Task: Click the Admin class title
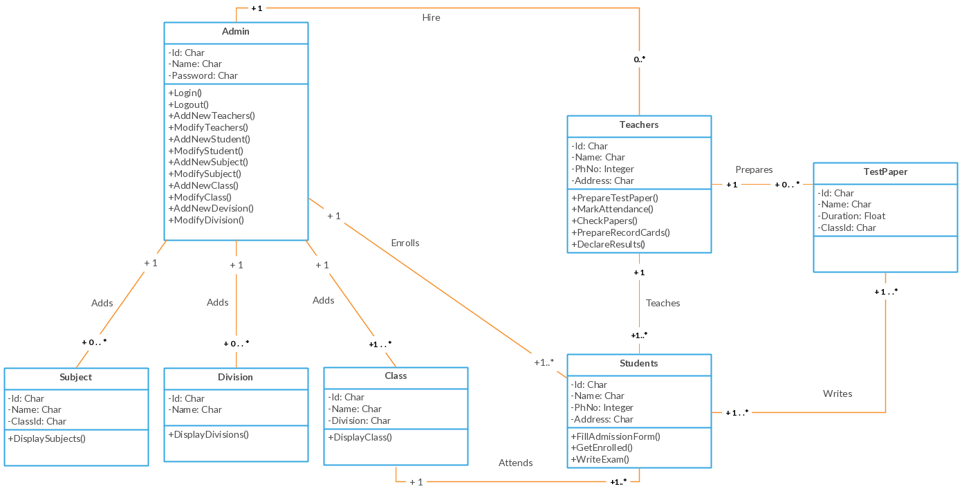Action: click(236, 32)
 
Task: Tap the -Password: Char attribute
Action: click(203, 75)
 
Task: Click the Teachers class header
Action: click(639, 125)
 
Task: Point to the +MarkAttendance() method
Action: click(612, 210)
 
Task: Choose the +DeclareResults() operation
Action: click(608, 244)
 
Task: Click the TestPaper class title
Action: click(885, 172)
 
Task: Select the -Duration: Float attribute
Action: click(851, 216)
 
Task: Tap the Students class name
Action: click(639, 364)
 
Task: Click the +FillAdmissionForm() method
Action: click(616, 436)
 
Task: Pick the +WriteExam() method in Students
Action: click(600, 459)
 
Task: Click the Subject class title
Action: click(76, 378)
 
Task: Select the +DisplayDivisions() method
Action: click(208, 434)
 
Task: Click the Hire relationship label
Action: click(431, 17)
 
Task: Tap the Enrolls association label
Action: click(405, 243)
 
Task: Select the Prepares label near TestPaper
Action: click(754, 169)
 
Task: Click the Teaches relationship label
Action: click(663, 303)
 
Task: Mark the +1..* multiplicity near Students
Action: click(544, 362)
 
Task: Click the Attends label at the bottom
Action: click(516, 463)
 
